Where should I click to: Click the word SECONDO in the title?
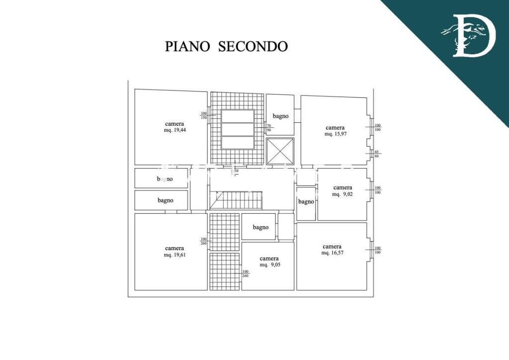coord(253,46)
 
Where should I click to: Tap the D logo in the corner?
coord(468,35)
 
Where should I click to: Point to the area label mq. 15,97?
coord(335,134)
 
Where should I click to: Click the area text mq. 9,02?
coord(342,194)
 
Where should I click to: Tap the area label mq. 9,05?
coord(269,265)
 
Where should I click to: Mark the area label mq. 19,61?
coord(174,255)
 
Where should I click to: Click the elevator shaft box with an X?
coord(280,151)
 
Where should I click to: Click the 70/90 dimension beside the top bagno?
coord(269,128)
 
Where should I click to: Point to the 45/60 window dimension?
coord(377,154)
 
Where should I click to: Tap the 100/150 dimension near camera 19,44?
coord(203,115)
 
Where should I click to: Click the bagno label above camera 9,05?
coord(260,227)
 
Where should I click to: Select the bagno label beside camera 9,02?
coord(306,202)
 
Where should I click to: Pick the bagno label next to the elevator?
coord(280,116)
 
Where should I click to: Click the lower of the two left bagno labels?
coord(166,200)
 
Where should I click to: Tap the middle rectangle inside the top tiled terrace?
coord(238,129)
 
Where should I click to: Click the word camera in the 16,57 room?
coord(332,247)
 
